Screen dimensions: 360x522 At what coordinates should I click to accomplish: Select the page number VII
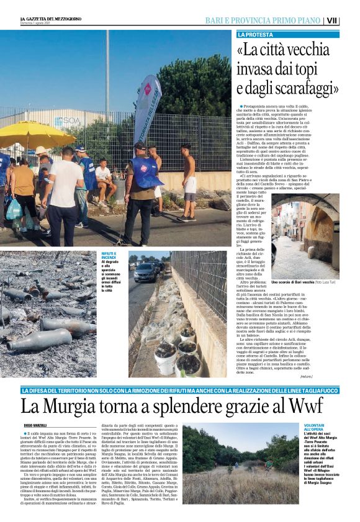pyautogui.click(x=350, y=20)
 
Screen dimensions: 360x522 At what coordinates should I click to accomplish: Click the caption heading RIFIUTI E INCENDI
pyautogui.click(x=112, y=256)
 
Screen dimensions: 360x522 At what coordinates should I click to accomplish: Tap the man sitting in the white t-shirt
pyautogui.click(x=104, y=178)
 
